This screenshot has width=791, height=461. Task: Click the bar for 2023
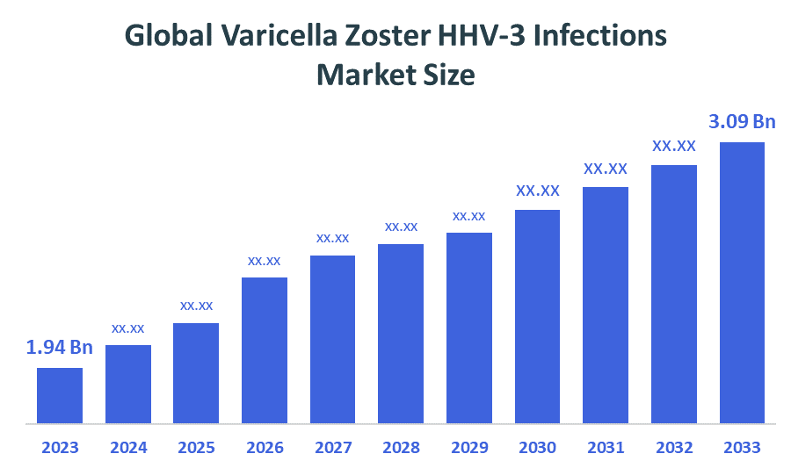pos(60,395)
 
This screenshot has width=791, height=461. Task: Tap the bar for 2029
pos(469,328)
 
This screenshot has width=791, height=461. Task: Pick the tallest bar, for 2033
pos(742,282)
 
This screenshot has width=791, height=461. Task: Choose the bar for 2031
pos(606,305)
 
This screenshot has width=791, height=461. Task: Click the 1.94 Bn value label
pos(60,348)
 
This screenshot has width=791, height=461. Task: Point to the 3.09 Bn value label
pos(743,122)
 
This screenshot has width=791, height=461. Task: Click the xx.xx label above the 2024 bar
pos(128,328)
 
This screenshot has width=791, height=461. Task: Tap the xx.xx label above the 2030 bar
pos(538,191)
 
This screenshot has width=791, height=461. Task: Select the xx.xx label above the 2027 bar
pos(333,238)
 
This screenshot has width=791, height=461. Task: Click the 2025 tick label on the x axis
pos(196,447)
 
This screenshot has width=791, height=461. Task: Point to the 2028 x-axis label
pos(401,447)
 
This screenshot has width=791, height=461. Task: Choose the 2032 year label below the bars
pos(674,447)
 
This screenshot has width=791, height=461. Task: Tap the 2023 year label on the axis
pos(60,447)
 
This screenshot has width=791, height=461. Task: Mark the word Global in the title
pos(167,36)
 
